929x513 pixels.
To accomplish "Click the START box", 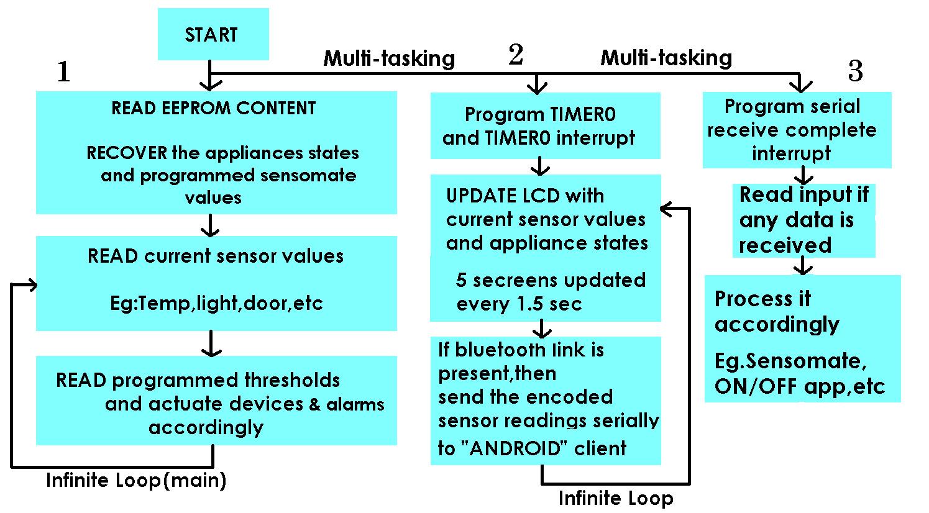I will pos(213,34).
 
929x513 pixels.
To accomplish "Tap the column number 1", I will pos(63,73).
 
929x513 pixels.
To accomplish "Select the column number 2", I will pos(515,55).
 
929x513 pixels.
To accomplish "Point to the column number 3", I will pos(855,72).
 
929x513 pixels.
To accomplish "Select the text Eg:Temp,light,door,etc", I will pos(216,304).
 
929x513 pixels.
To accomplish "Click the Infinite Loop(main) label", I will pos(136,480).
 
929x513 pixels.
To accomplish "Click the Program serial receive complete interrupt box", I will pos(796,130).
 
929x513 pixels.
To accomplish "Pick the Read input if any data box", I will pos(803,220).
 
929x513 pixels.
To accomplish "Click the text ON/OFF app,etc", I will pos(799,386).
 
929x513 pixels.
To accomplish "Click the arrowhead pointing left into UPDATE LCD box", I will pos(666,210).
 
